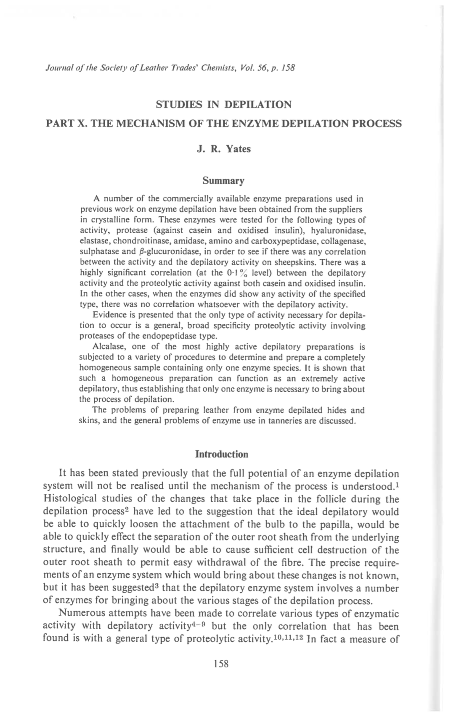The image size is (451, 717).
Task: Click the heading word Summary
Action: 223,181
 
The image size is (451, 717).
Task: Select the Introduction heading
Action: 222,454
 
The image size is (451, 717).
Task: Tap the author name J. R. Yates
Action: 223,149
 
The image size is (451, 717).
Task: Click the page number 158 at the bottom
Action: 221,664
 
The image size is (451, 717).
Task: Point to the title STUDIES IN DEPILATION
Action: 223,104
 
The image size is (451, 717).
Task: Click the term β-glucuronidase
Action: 173,252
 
